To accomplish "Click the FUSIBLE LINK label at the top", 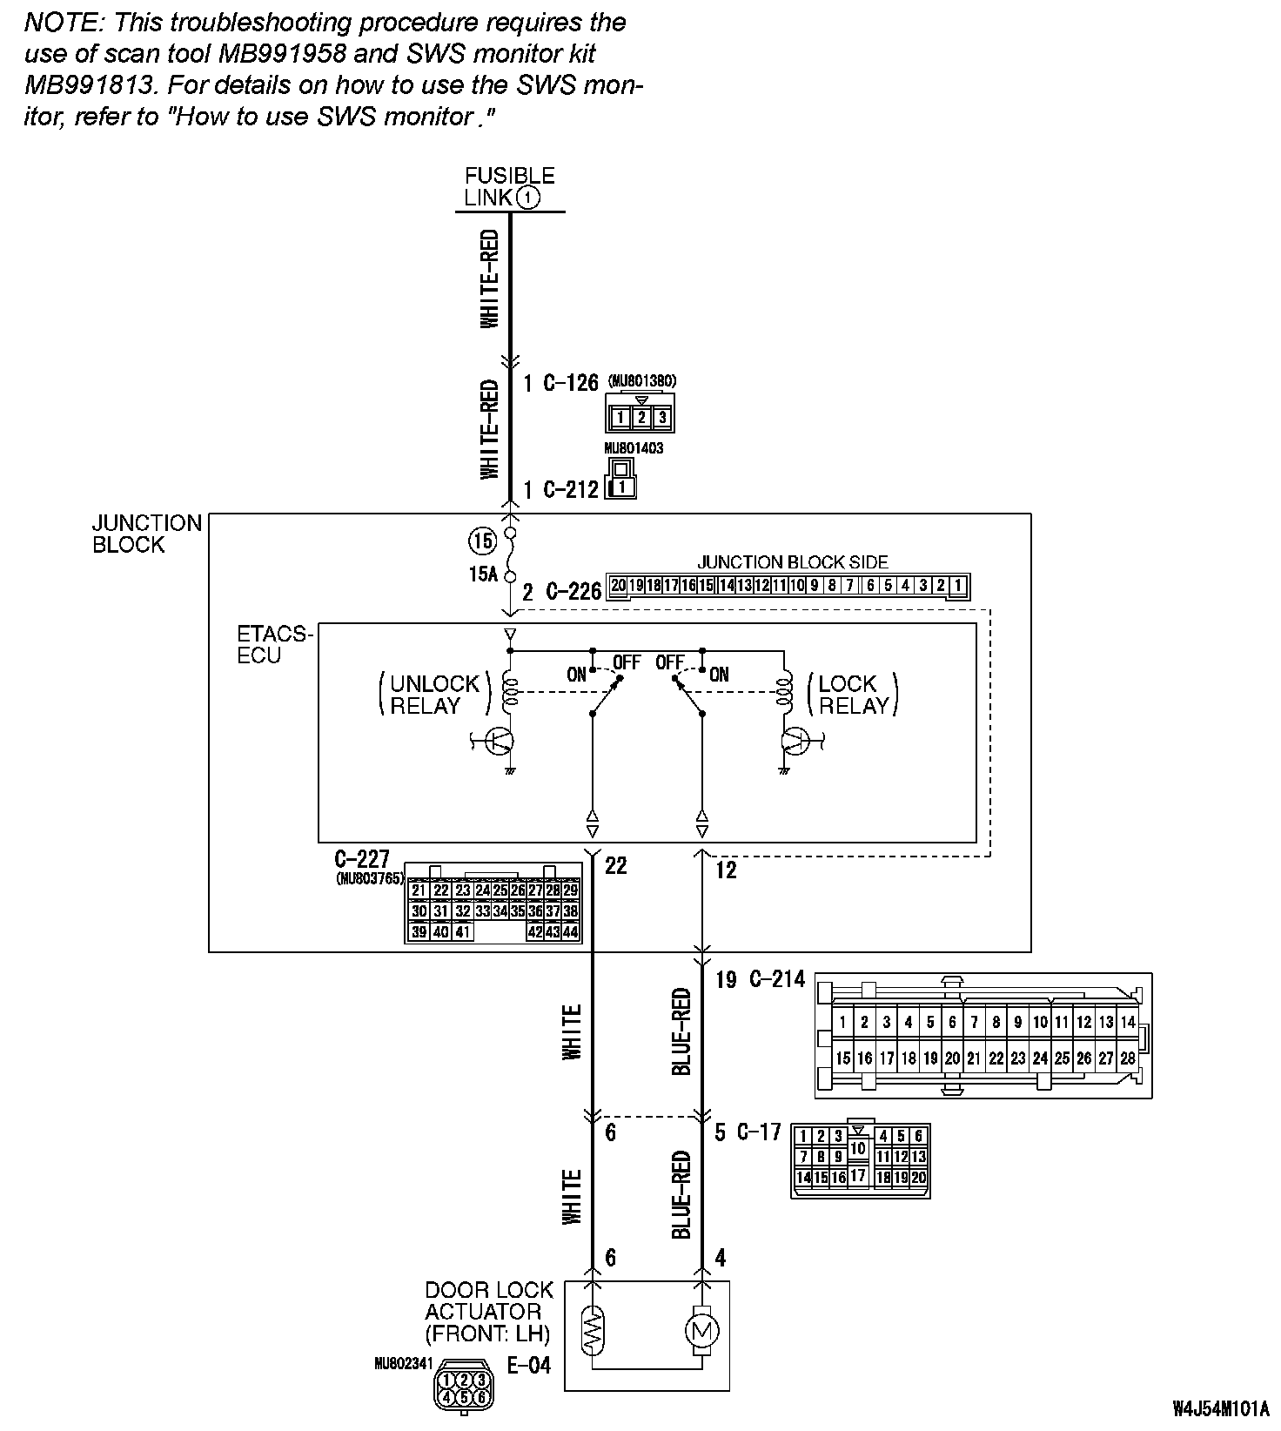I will click(509, 186).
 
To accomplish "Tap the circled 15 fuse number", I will click(481, 541).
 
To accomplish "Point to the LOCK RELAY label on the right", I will click(853, 695).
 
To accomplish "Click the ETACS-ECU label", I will click(273, 644).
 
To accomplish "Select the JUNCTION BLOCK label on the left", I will click(147, 534).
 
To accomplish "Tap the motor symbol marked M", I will click(701, 1330).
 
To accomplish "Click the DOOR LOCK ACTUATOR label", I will click(489, 1311).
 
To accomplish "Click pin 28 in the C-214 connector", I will click(1128, 1058).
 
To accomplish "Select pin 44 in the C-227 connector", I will click(571, 932).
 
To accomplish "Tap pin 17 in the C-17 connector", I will click(858, 1175).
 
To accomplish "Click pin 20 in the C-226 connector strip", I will click(618, 586).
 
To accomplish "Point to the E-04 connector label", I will click(529, 1365).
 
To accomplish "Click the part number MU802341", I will click(402, 1364).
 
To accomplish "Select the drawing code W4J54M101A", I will click(1220, 1407).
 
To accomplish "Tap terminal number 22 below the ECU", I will click(615, 865).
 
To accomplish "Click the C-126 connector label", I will click(571, 383).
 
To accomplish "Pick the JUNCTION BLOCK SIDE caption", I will click(792, 562).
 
